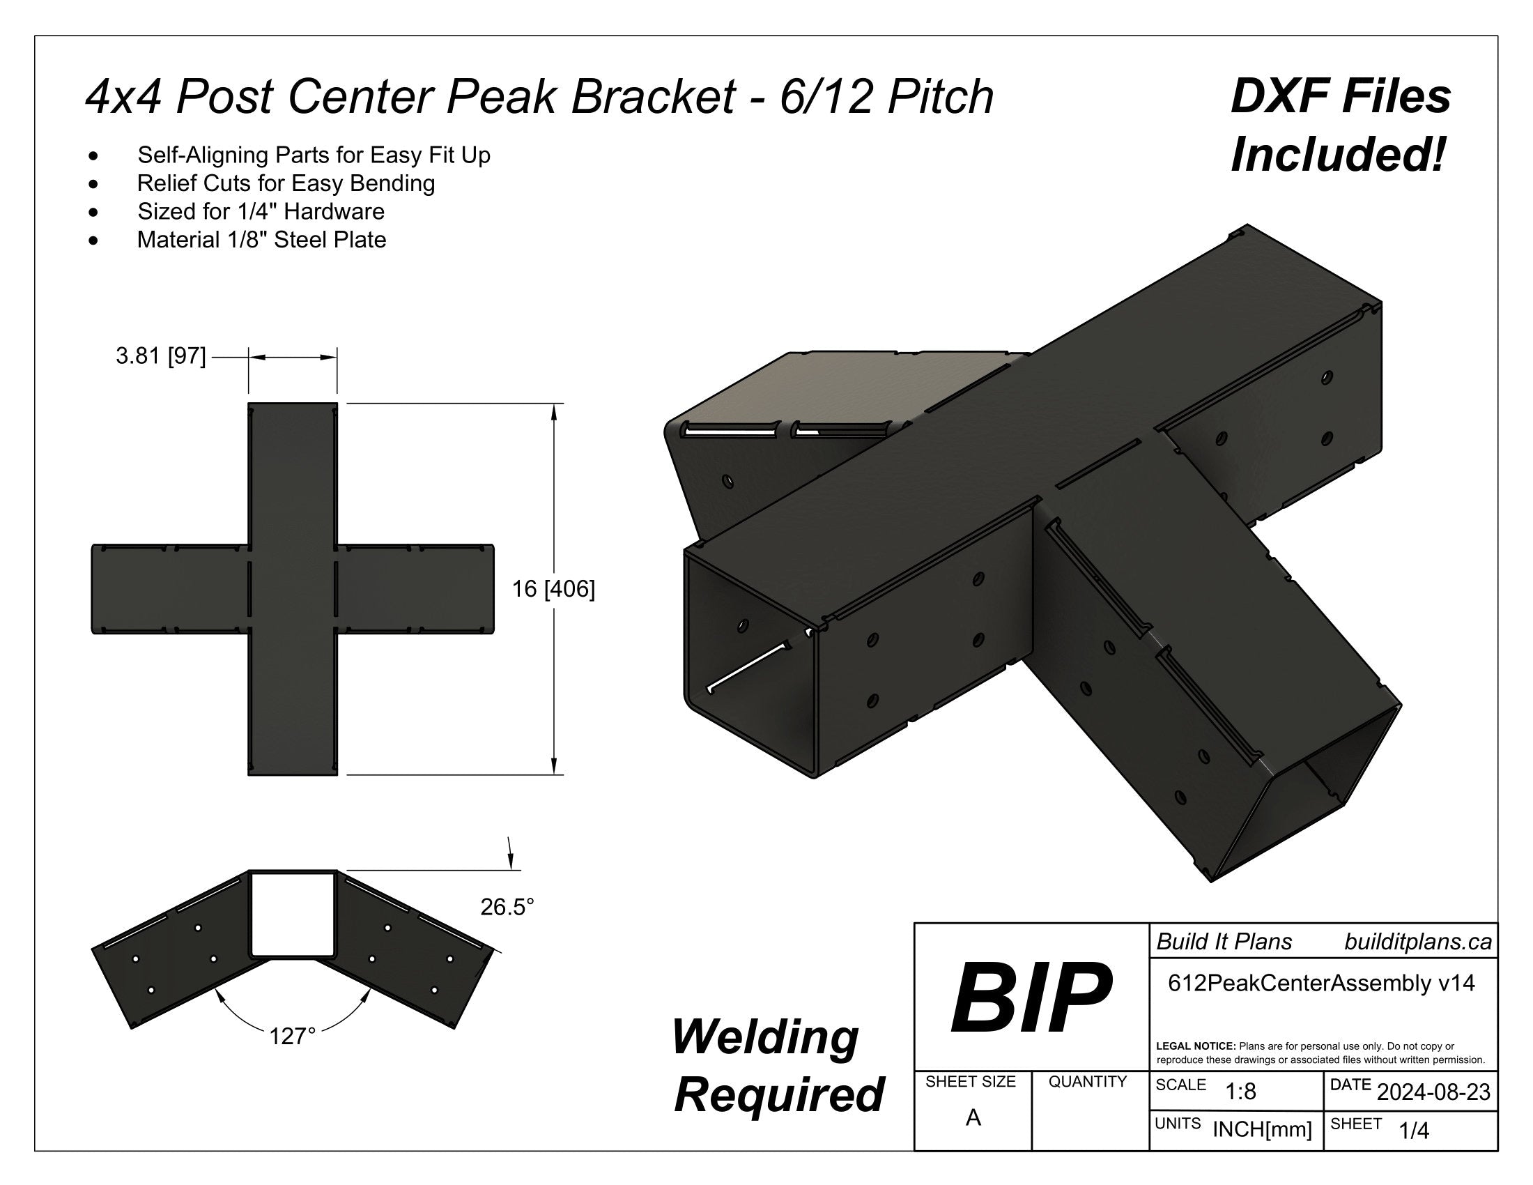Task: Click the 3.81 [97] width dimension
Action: (x=161, y=357)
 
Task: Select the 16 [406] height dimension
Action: (x=553, y=588)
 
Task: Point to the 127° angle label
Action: (x=292, y=1036)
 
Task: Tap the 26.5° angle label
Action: (x=507, y=907)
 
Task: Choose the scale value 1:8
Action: (x=1240, y=1092)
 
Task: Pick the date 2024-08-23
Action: (x=1433, y=1092)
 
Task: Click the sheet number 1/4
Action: (x=1414, y=1130)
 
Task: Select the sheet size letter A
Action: (x=973, y=1117)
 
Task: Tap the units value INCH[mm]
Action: (x=1262, y=1129)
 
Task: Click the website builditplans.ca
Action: (x=1418, y=942)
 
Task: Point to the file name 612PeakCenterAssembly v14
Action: (x=1321, y=983)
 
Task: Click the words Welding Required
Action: (x=778, y=1066)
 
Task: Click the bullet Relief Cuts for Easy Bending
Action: (x=286, y=183)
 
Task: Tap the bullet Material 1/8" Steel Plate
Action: (x=261, y=240)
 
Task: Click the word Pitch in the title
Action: (x=941, y=97)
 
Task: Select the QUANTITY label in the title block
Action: (x=1087, y=1082)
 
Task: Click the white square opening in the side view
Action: (x=292, y=914)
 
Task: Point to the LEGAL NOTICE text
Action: (x=1320, y=1053)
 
